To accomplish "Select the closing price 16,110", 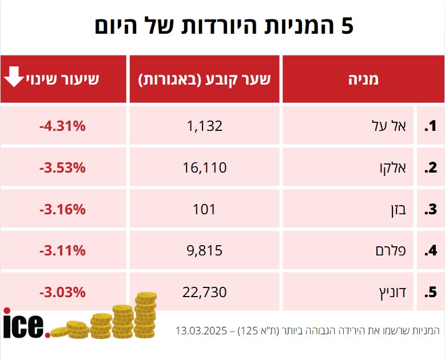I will click(204, 167).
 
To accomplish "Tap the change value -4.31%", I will click(62, 126).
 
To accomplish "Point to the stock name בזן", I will click(396, 209).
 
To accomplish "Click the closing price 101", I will click(204, 209).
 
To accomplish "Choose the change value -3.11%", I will click(62, 250).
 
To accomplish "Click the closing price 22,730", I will click(204, 292).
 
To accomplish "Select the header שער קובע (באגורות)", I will click(204, 79).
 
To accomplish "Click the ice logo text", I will click(23, 323).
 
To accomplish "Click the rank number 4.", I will click(430, 250).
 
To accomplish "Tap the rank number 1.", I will click(430, 126).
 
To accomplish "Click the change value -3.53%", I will click(62, 167).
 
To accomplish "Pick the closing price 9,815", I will click(204, 250).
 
